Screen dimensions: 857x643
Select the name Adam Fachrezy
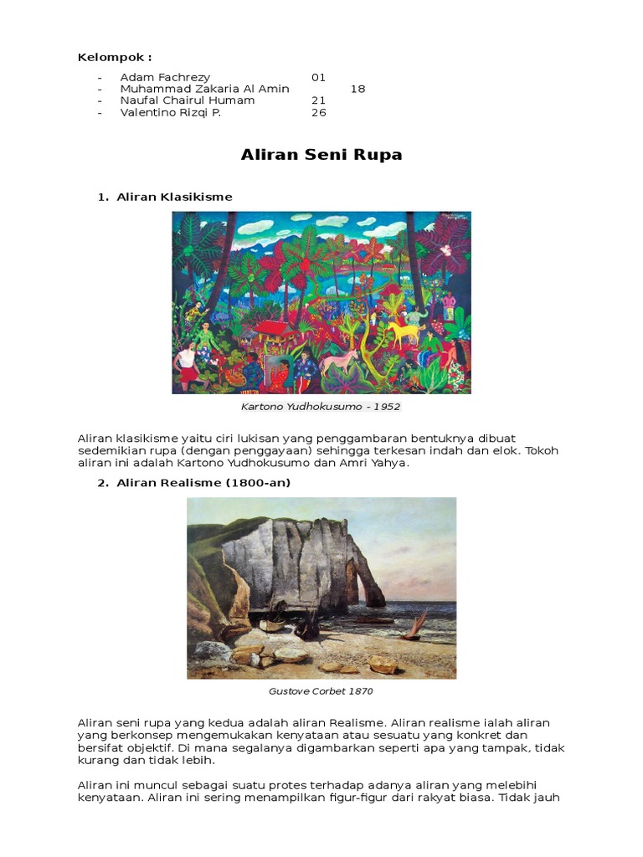point(165,77)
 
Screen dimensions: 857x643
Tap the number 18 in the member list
point(358,89)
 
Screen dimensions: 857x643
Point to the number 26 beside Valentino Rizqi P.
point(318,112)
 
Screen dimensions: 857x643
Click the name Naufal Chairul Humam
point(188,100)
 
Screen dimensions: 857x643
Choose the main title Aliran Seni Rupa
point(321,155)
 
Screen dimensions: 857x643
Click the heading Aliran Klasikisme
point(174,197)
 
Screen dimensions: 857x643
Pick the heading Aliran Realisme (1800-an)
point(203,483)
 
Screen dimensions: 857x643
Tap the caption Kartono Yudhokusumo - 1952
point(321,407)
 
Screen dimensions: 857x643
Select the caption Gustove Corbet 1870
point(321,691)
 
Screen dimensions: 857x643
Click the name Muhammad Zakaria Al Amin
point(204,89)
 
